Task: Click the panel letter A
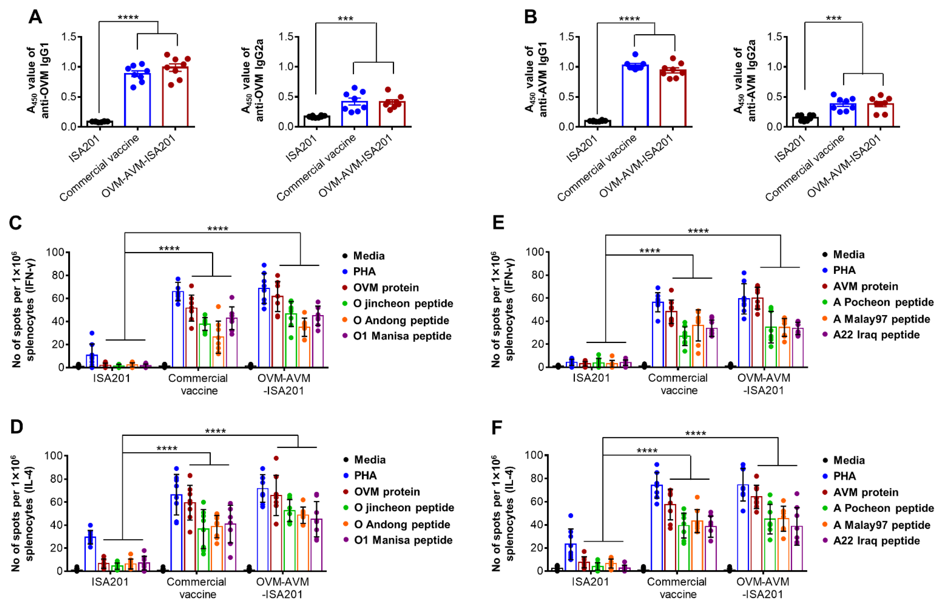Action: point(36,17)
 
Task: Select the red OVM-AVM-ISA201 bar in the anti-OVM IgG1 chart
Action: point(175,97)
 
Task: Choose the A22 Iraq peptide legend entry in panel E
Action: point(876,334)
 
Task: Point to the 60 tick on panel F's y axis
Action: point(536,501)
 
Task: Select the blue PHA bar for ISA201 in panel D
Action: point(91,554)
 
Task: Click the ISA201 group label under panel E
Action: point(591,378)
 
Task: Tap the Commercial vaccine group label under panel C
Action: point(198,384)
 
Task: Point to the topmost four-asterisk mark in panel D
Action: point(215,431)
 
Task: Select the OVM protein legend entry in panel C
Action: point(385,287)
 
